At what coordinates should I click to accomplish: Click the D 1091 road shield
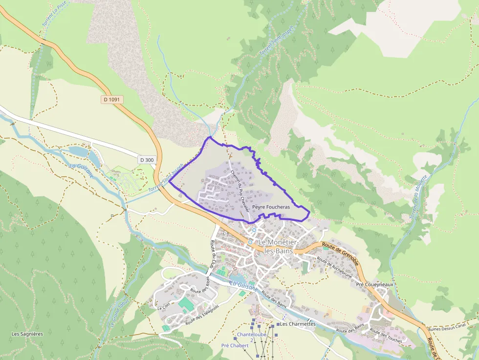click(112, 99)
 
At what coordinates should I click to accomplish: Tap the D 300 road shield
click(146, 160)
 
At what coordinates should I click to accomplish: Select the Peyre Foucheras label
click(271, 207)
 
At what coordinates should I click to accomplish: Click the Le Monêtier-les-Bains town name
click(277, 246)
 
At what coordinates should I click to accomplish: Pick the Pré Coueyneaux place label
click(375, 284)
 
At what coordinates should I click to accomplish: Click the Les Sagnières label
click(27, 334)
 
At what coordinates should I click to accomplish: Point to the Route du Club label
click(213, 254)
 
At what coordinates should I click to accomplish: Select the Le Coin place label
click(163, 308)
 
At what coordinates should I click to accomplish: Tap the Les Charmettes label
click(298, 324)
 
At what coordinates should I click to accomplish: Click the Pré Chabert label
click(235, 345)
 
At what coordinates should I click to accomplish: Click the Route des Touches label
click(386, 337)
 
